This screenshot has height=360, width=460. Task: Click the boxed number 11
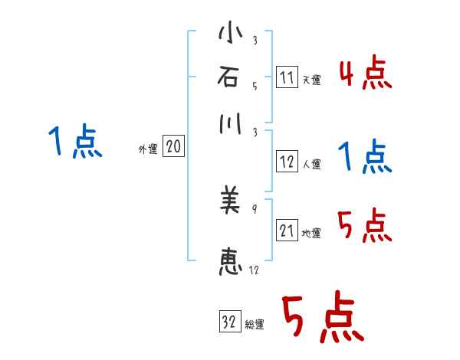click(286, 77)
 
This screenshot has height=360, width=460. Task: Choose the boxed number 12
click(287, 162)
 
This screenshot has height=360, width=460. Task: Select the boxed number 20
click(173, 146)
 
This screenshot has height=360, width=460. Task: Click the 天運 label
click(311, 80)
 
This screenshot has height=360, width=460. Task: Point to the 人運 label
click(311, 164)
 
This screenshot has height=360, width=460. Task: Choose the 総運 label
click(255, 325)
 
